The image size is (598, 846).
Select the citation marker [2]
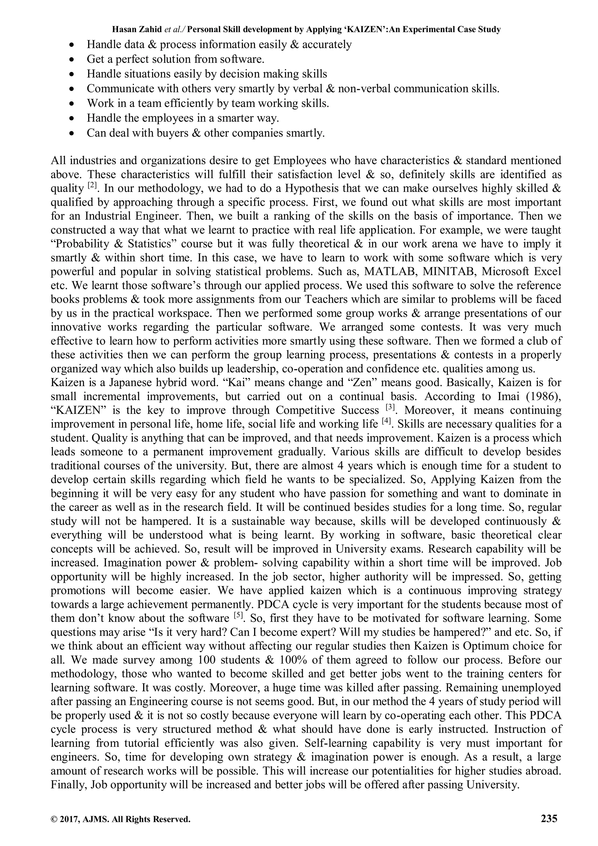tap(92, 186)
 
